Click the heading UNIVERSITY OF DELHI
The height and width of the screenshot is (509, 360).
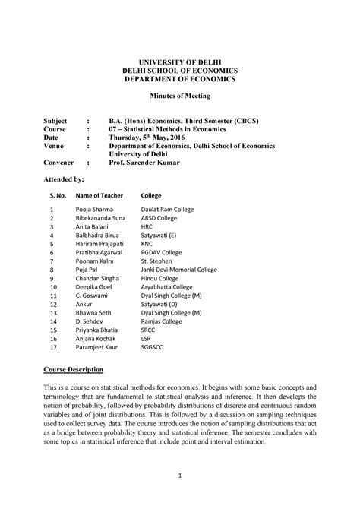180,61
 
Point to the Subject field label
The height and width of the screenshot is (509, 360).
55,121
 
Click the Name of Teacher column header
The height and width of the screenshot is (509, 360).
99,195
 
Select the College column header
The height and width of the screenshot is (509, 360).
152,195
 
